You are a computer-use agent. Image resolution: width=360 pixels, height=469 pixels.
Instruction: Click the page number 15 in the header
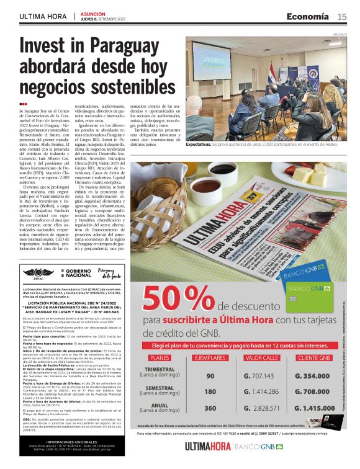pos(342,16)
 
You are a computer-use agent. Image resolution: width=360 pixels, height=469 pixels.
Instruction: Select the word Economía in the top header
pos(308,16)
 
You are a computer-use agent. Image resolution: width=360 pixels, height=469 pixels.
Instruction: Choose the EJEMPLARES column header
pos(210,358)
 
